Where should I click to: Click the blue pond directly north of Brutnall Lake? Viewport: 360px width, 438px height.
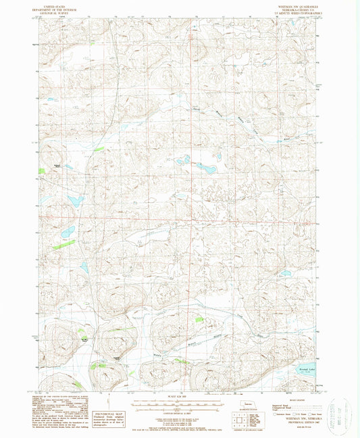point(286,273)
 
